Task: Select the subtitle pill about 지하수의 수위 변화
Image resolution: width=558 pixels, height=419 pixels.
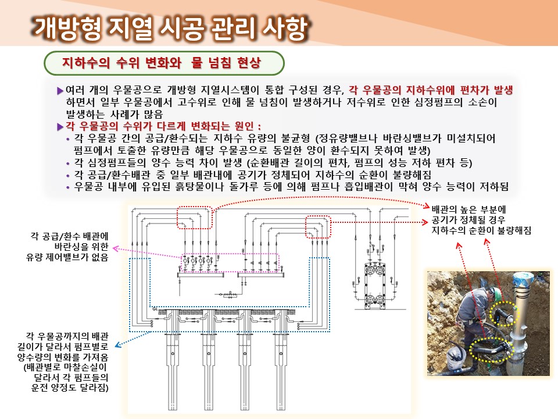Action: [x=164, y=63]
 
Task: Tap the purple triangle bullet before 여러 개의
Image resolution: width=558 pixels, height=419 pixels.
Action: [x=60, y=91]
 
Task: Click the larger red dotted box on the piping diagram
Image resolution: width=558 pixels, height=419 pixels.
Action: [x=195, y=217]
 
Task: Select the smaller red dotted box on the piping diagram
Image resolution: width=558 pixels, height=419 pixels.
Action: [x=318, y=226]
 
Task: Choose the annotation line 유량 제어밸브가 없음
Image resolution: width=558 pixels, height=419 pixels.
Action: [x=67, y=257]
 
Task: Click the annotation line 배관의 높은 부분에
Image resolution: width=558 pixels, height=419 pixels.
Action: [x=468, y=209]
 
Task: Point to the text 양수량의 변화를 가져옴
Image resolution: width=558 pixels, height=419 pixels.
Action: [x=63, y=357]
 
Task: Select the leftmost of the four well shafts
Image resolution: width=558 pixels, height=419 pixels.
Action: [x=173, y=360]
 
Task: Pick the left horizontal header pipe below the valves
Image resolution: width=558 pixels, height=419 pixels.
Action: [x=201, y=275]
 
